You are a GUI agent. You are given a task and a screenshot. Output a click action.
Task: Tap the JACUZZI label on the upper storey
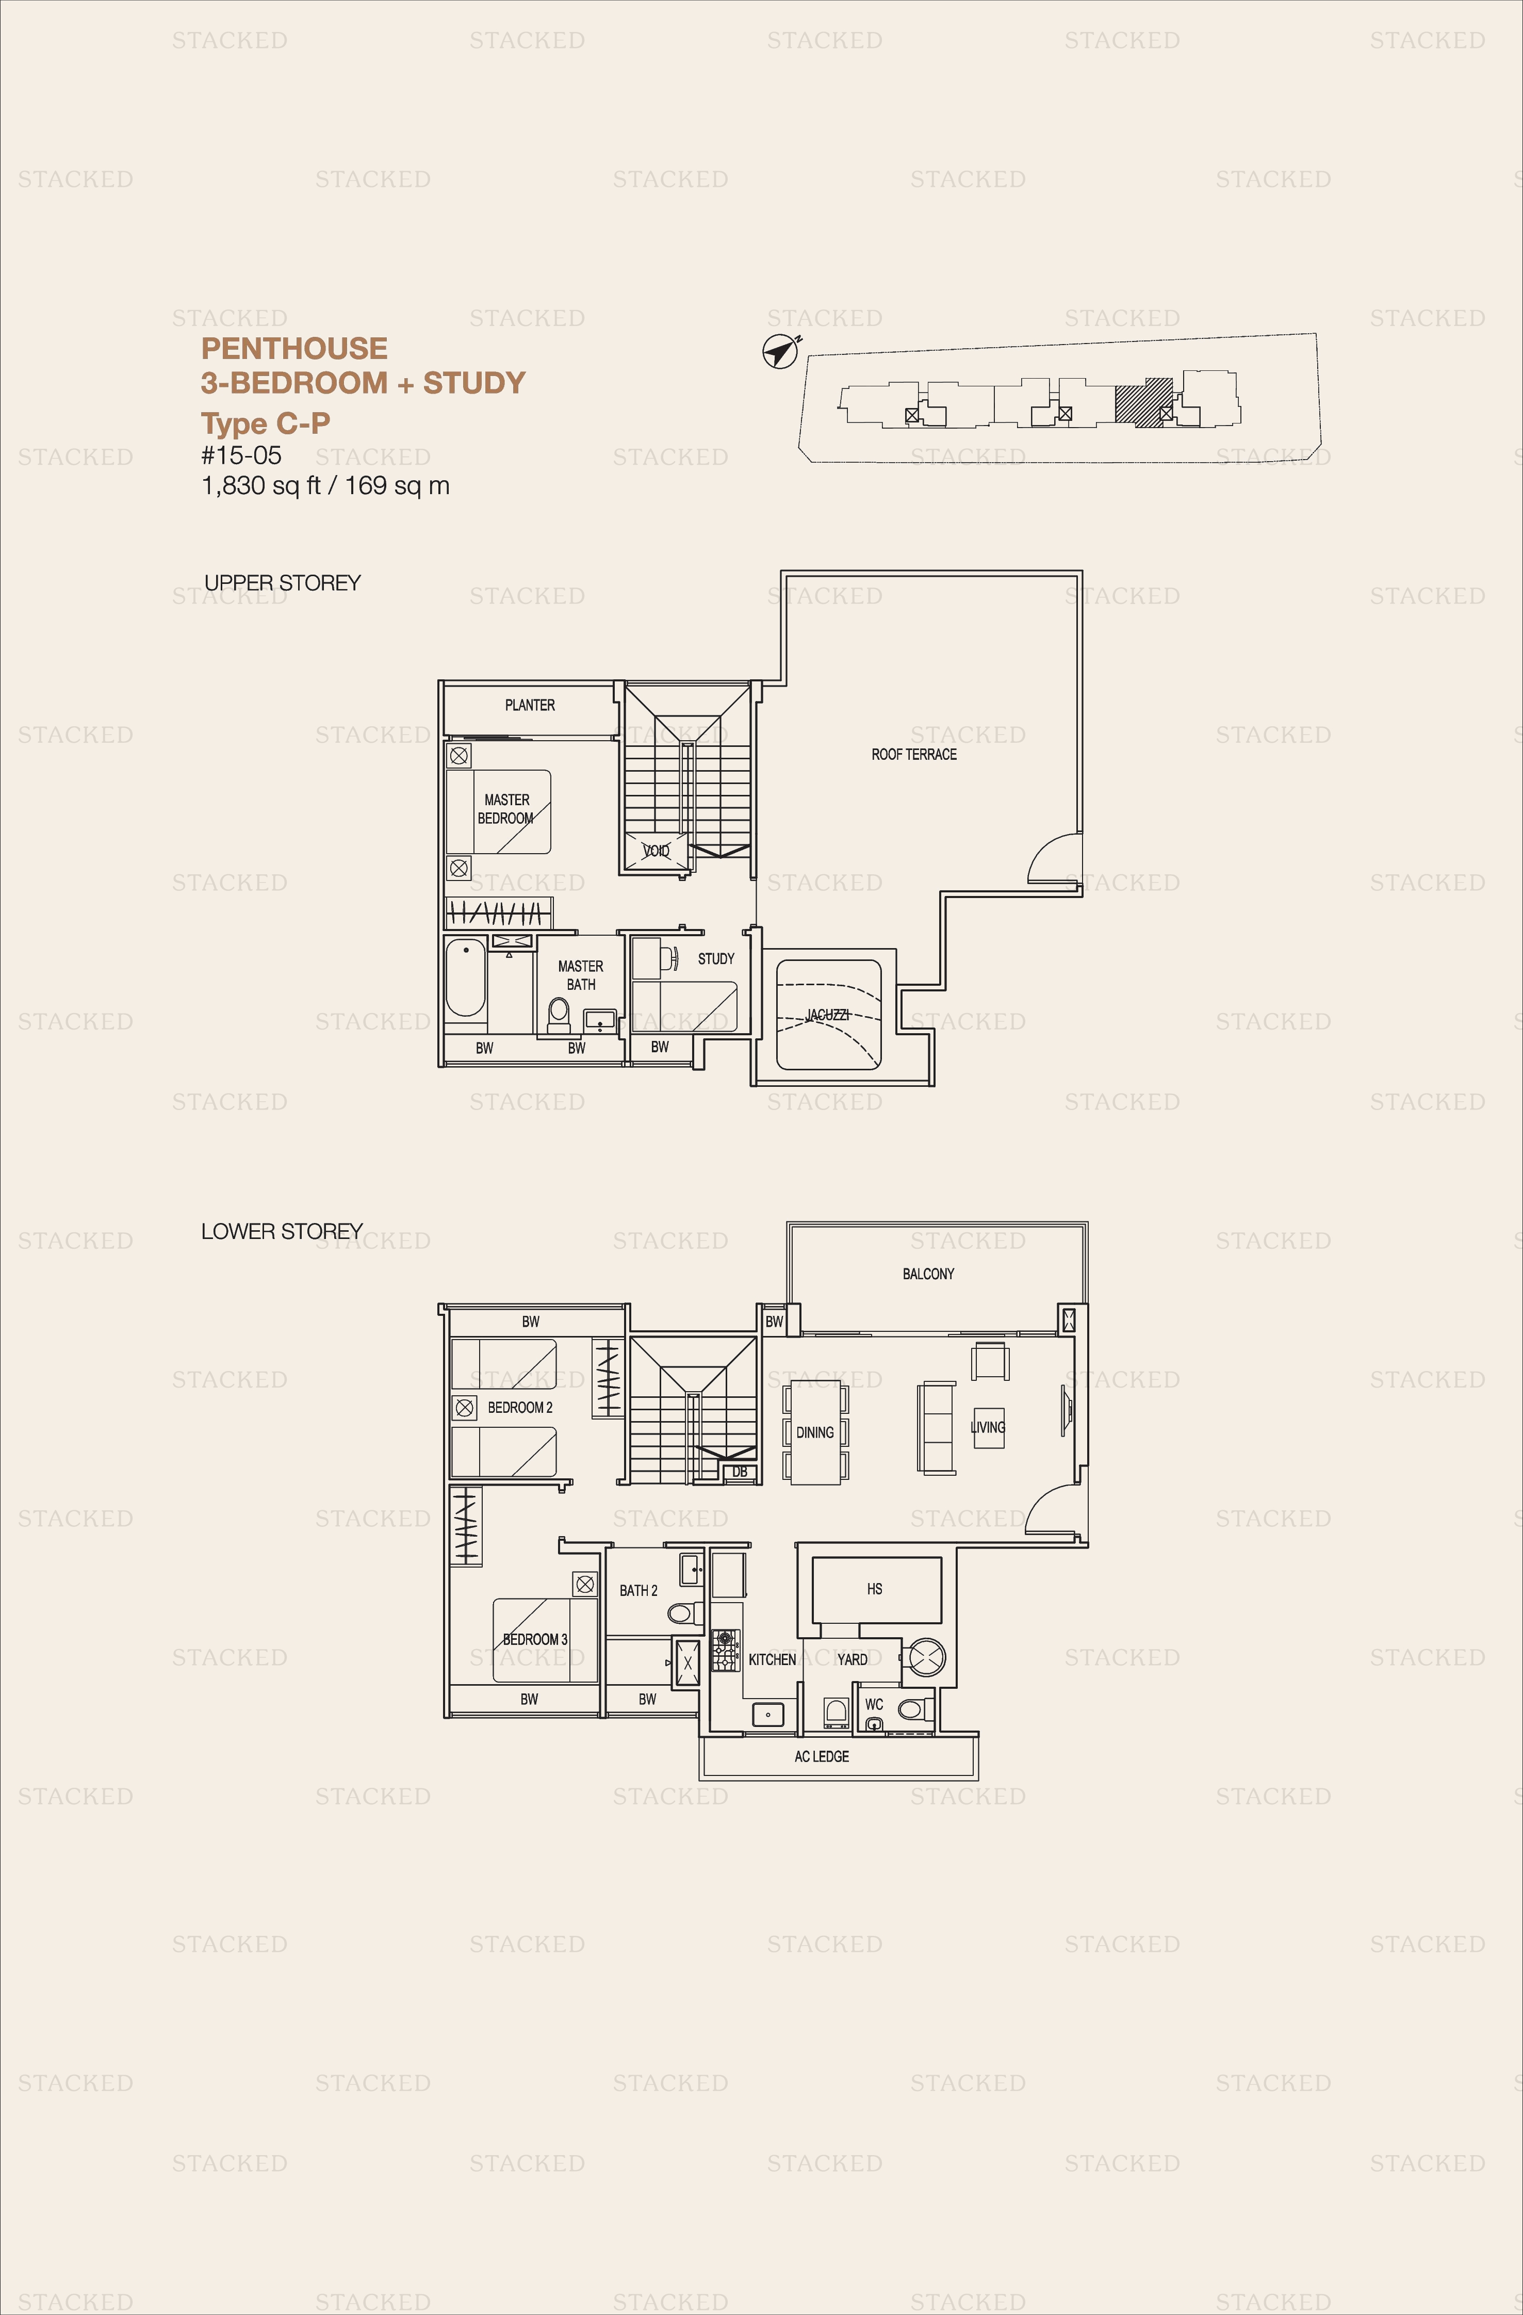[827, 1015]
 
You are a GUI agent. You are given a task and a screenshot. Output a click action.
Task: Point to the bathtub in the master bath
[466, 977]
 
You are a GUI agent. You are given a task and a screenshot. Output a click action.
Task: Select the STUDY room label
[716, 958]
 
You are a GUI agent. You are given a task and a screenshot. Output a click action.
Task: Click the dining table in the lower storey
[815, 1432]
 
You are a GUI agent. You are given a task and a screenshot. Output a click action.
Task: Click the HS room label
[874, 1588]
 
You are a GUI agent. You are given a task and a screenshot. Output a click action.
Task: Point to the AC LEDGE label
[822, 1756]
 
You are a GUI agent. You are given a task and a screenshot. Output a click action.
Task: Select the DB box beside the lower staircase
[739, 1472]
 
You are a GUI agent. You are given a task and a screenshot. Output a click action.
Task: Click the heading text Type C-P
[266, 423]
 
